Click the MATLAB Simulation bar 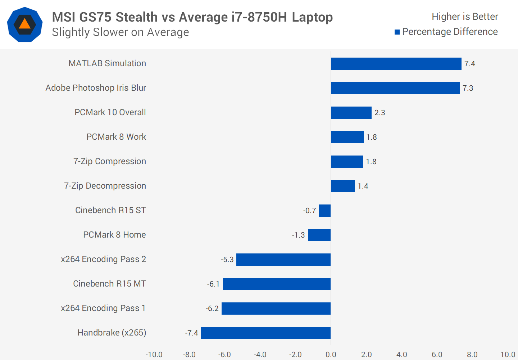[x=396, y=64]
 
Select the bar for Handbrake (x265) [x=265, y=333]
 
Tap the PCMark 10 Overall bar [x=351, y=113]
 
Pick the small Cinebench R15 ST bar [x=325, y=211]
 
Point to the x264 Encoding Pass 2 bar [x=283, y=260]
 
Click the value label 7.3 [x=468, y=88]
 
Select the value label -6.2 [x=212, y=309]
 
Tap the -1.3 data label [x=298, y=235]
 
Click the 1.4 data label [x=363, y=186]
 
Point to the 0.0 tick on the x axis [x=331, y=355]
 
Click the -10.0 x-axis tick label [x=154, y=355]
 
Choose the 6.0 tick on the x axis [x=437, y=355]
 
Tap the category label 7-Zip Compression [x=110, y=161]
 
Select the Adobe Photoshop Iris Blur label [x=96, y=88]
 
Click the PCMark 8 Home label [x=114, y=235]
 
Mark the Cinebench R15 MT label [x=109, y=284]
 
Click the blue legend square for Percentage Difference [x=397, y=32]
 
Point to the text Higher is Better [x=465, y=17]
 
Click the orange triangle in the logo [x=24, y=24]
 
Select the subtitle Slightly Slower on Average [x=121, y=32]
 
